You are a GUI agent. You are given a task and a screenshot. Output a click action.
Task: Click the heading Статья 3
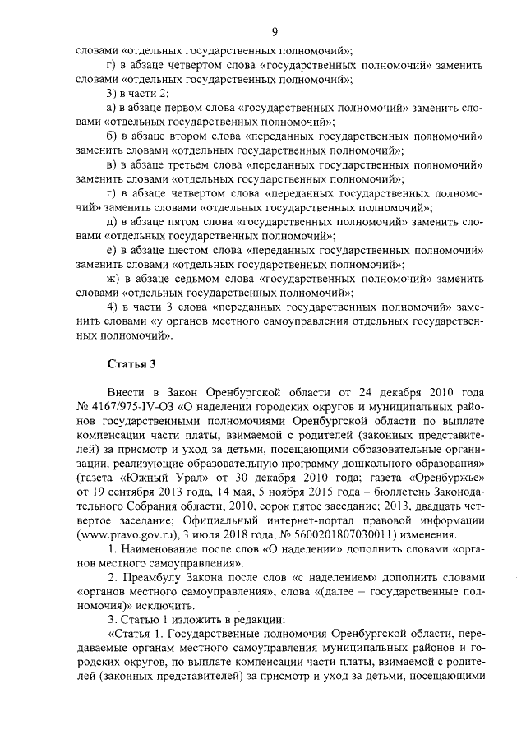click(x=126, y=363)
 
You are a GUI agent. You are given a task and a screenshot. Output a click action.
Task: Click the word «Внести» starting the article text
click(x=127, y=391)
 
